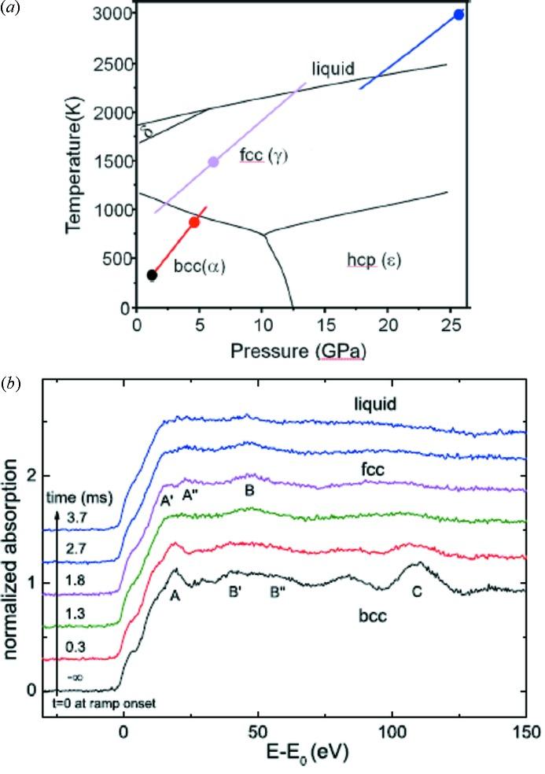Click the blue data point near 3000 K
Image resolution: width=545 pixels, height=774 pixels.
459,15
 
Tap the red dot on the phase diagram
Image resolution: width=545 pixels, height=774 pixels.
194,223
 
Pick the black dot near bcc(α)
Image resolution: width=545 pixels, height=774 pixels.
152,275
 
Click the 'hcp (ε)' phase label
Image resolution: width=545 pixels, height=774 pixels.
374,260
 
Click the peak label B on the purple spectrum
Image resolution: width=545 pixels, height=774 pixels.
249,490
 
